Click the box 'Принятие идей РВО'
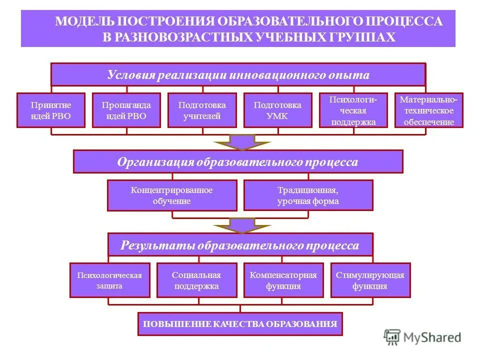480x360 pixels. tap(51, 110)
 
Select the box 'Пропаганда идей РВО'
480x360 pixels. tap(126, 110)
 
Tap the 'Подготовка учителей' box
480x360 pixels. tap(202, 110)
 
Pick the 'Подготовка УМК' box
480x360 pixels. tap(277, 110)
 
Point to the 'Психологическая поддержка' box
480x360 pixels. tap(353, 110)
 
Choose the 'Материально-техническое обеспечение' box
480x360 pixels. tap(429, 110)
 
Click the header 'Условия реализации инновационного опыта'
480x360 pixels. tap(238, 75)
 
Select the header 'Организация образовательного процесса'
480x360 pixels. tap(238, 162)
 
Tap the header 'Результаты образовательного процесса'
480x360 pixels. tap(240, 245)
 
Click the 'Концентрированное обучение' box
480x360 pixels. tap(172, 195)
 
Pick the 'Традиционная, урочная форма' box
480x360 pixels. tap(308, 195)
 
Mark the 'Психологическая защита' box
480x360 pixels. tap(109, 280)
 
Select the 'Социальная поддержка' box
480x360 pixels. tap(196, 280)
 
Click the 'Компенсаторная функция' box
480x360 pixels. tap(283, 280)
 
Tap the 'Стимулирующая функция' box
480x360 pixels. tap(370, 280)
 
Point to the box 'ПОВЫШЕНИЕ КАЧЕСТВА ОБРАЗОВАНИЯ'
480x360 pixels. tap(240, 323)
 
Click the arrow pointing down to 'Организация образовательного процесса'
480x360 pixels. tap(242, 142)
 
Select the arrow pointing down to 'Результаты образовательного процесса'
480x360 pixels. tap(242, 225)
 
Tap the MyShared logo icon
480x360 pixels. tap(392, 337)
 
